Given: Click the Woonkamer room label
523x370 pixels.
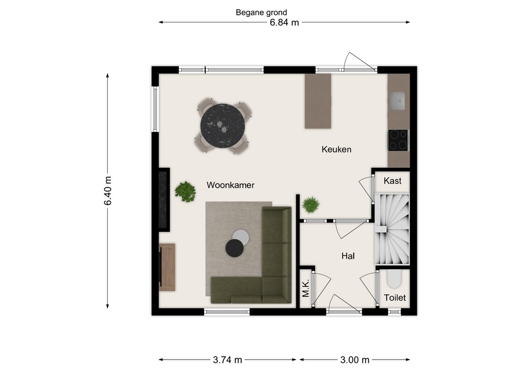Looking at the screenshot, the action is tap(230, 185).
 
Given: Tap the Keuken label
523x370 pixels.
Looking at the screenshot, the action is tap(336, 149).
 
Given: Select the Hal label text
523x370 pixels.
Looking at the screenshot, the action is tap(348, 256).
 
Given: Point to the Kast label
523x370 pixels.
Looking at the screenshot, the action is tap(392, 181).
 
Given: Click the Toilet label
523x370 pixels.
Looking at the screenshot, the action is tap(394, 298).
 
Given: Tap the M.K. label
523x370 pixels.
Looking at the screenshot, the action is tap(306, 288).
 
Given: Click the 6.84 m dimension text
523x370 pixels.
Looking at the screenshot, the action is tap(284, 23).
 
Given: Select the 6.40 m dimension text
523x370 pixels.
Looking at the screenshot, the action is tap(108, 191).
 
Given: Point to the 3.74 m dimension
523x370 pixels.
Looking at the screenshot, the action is tap(228, 360).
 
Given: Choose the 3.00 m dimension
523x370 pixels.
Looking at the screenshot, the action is tap(355, 360).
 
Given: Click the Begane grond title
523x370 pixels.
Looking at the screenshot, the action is tap(261, 13).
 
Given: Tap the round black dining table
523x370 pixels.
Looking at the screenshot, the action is tap(222, 126).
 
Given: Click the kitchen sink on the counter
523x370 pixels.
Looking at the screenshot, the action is tap(397, 101).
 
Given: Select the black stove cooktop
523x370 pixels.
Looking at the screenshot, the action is tap(398, 140).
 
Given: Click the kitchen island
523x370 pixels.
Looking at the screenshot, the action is tap(318, 101).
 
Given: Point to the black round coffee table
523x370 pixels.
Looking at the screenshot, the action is tap(234, 248).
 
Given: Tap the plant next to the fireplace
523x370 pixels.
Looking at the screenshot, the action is tap(185, 191).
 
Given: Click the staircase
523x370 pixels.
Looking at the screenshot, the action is tap(392, 229).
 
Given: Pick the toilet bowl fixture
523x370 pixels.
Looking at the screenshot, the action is tap(394, 279).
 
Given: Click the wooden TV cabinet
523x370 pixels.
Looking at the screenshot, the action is tap(167, 267).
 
